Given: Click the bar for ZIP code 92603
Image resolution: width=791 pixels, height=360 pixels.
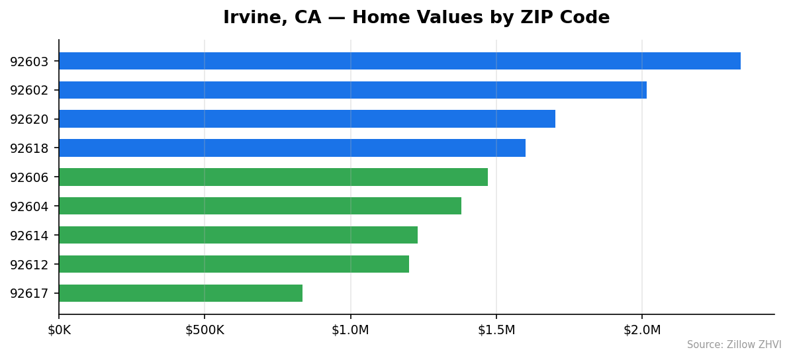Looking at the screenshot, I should click(399, 61).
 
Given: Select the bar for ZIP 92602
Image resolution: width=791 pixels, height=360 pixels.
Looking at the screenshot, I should click(352, 90).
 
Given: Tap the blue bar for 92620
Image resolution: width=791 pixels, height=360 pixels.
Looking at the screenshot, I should click(306, 119).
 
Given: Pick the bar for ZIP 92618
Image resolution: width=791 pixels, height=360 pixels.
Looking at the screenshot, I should click(292, 148).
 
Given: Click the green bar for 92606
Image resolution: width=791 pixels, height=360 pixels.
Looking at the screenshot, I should click(273, 177).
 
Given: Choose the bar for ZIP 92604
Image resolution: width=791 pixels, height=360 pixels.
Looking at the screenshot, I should click(259, 206).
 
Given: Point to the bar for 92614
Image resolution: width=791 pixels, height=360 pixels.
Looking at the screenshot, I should click(238, 235).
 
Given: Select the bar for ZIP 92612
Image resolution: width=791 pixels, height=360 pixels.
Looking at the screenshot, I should click(234, 264).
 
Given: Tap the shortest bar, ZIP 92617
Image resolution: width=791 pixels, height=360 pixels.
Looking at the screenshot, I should click(180, 293).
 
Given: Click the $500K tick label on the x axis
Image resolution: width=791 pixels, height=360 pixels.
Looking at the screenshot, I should click(205, 330).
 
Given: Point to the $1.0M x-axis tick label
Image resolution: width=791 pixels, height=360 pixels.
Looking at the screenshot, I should click(350, 330).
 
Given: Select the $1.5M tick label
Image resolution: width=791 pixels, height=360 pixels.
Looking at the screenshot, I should click(496, 330).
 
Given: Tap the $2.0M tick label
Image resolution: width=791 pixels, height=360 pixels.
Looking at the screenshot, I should click(641, 330).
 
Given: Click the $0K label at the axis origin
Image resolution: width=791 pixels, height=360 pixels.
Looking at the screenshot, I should click(59, 330).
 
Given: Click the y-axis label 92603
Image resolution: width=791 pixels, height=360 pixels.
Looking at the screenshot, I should click(29, 62).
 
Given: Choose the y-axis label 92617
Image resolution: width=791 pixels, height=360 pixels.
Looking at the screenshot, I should click(29, 294).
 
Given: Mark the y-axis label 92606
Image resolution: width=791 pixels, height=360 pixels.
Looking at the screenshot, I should click(29, 177).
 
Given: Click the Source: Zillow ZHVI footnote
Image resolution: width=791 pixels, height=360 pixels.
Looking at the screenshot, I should click(733, 345).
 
